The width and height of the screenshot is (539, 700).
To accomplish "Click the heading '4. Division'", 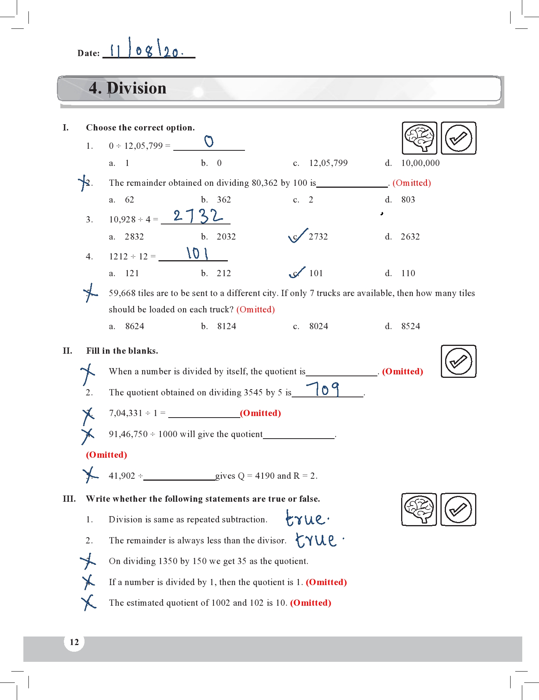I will point(128,88).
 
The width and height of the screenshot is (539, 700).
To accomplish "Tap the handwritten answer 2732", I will point(198,215).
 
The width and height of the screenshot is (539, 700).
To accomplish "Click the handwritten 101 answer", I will point(197,254).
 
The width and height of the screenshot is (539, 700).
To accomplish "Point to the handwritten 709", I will point(323,389).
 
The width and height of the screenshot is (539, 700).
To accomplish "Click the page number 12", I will point(74,642).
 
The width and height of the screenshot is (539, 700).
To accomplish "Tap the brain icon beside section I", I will point(419,138).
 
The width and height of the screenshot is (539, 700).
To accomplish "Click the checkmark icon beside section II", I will point(458,361).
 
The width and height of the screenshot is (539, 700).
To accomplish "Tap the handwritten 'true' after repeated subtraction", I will point(306,518).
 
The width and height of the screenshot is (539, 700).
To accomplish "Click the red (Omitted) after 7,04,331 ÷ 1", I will point(260,413).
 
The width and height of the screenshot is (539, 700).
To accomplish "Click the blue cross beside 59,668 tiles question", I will point(90,293).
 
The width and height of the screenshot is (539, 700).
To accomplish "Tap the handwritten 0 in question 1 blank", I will point(209,141).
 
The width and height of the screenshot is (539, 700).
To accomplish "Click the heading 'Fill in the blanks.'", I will point(122,351).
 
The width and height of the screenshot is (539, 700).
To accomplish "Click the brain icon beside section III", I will point(419,509).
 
